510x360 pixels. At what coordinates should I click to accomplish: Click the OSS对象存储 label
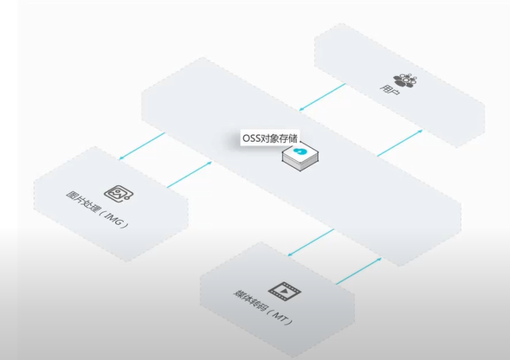pos(270,138)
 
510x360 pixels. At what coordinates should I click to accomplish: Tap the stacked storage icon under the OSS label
pos(300,157)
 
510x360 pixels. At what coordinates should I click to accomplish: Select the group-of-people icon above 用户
pos(405,80)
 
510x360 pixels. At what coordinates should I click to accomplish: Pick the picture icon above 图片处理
pos(119,194)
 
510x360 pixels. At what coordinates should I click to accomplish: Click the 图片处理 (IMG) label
pos(97,209)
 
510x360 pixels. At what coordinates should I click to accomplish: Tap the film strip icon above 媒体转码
pos(285,292)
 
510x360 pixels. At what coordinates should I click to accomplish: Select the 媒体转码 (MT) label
pos(263,307)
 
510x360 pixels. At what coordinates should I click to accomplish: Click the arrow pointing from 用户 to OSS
pos(322,97)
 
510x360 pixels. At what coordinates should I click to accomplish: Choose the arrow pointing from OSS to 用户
pos(400,143)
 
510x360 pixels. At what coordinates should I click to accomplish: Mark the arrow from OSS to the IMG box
pos(142,146)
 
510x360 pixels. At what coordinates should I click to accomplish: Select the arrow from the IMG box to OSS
pos(190,175)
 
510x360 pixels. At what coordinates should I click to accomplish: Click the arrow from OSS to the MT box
pos(311,242)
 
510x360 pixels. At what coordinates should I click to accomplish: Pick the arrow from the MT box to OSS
pos(358,271)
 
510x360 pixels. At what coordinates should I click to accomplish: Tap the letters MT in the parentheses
pos(280,317)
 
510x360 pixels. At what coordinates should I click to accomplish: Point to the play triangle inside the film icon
pos(284,291)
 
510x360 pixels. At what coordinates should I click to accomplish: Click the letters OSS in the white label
pos(251,138)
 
